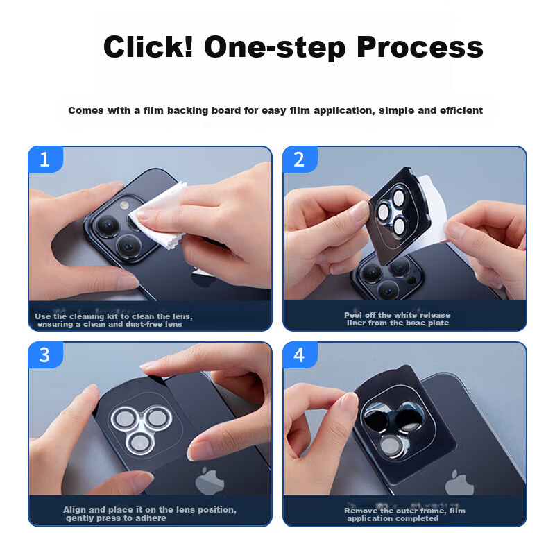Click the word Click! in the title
(148, 46)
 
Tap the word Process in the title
(420, 48)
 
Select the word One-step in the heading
(274, 48)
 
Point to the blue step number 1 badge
(45, 160)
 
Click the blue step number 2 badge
(300, 160)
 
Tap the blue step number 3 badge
(45, 355)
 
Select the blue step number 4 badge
(300, 355)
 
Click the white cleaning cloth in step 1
(160, 215)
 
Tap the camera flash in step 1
(123, 205)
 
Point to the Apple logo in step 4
(459, 483)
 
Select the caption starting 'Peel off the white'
(398, 319)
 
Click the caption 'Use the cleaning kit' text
(114, 321)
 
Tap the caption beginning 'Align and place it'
(150, 513)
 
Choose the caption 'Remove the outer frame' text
(404, 514)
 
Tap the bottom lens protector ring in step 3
(140, 442)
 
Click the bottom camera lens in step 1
(130, 246)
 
